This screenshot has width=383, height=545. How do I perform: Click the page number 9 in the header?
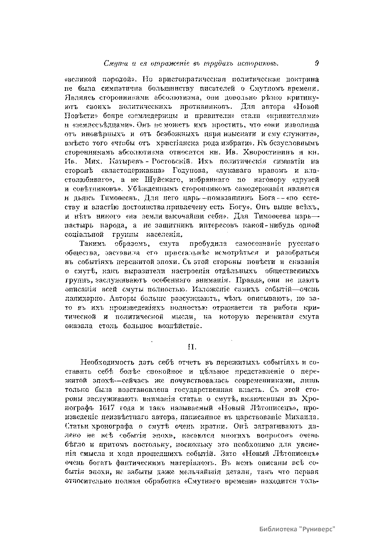coord(317,63)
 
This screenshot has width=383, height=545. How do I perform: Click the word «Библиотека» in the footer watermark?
coord(278,529)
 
